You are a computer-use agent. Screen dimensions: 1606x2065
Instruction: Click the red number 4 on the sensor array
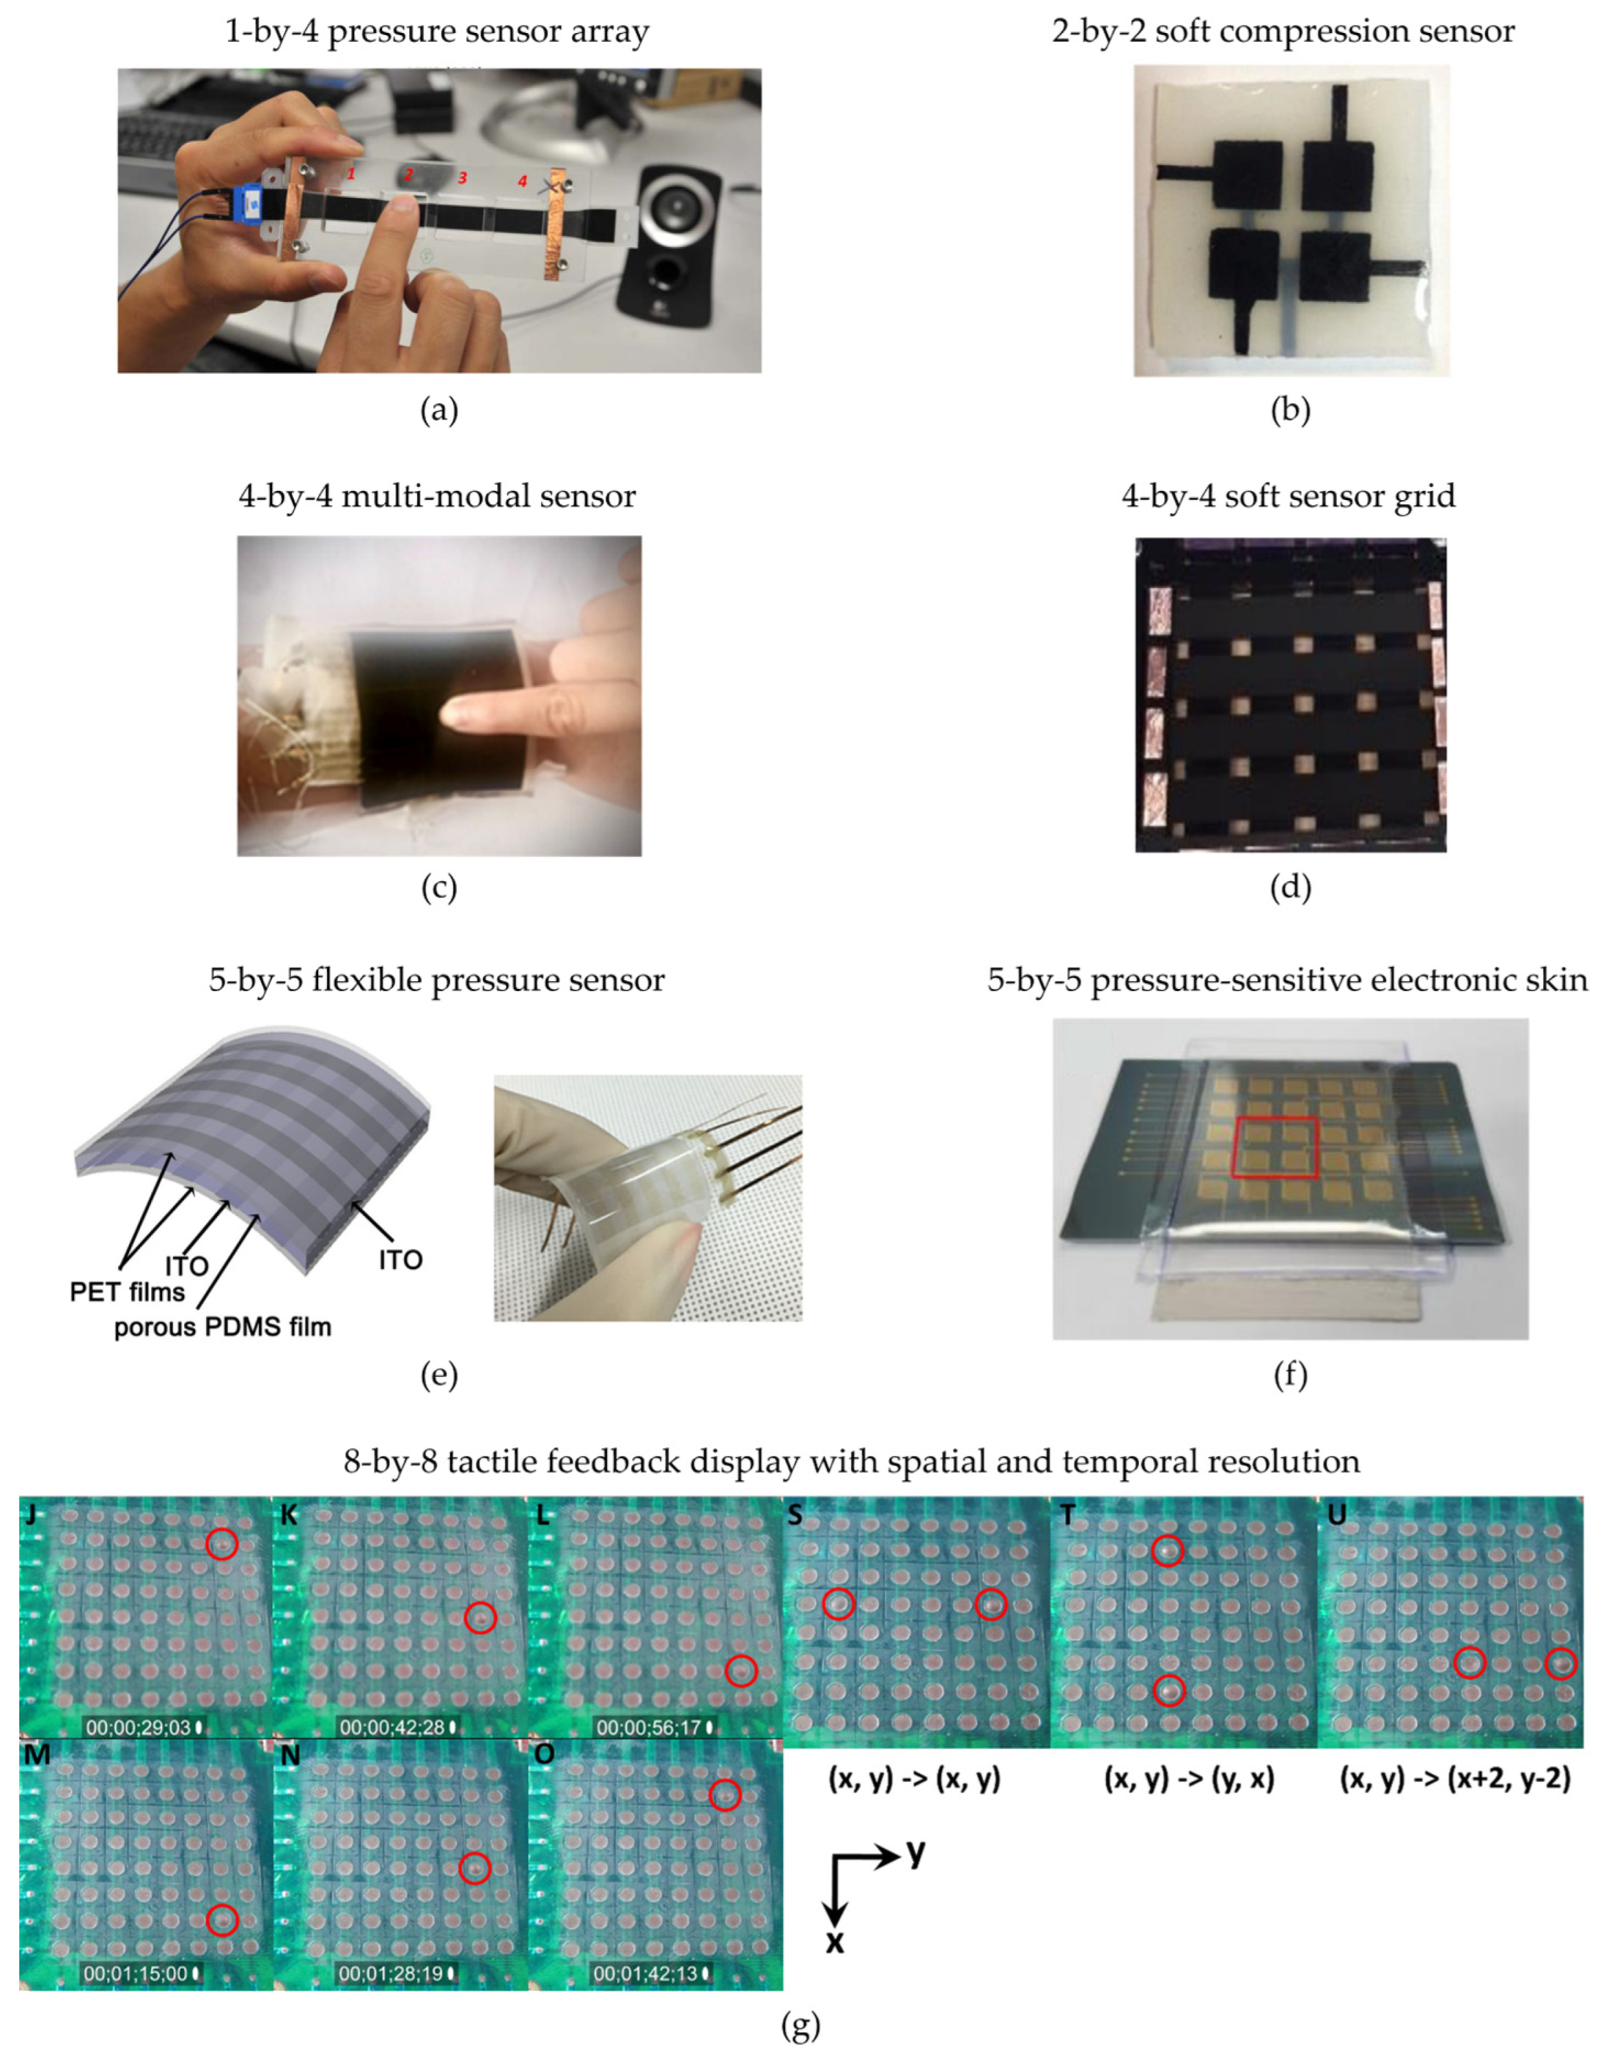click(522, 181)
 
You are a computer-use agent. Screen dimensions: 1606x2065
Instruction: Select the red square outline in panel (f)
click(1276, 1147)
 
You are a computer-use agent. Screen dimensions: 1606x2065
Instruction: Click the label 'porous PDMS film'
click(223, 1327)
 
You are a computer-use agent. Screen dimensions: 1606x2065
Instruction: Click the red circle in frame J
click(222, 1544)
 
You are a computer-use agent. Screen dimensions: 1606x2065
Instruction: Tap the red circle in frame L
click(741, 1671)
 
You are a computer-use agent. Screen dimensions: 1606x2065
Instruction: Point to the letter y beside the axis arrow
click(915, 1853)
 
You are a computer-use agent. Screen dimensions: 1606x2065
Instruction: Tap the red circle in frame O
click(725, 1821)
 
